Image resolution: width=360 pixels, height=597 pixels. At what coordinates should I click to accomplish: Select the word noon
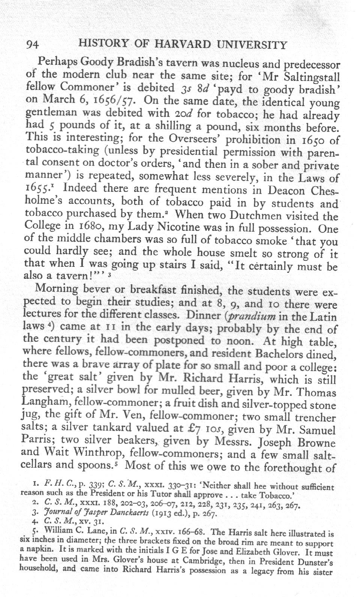click(x=237, y=341)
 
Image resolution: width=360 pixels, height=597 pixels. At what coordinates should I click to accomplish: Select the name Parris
click(x=39, y=441)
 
